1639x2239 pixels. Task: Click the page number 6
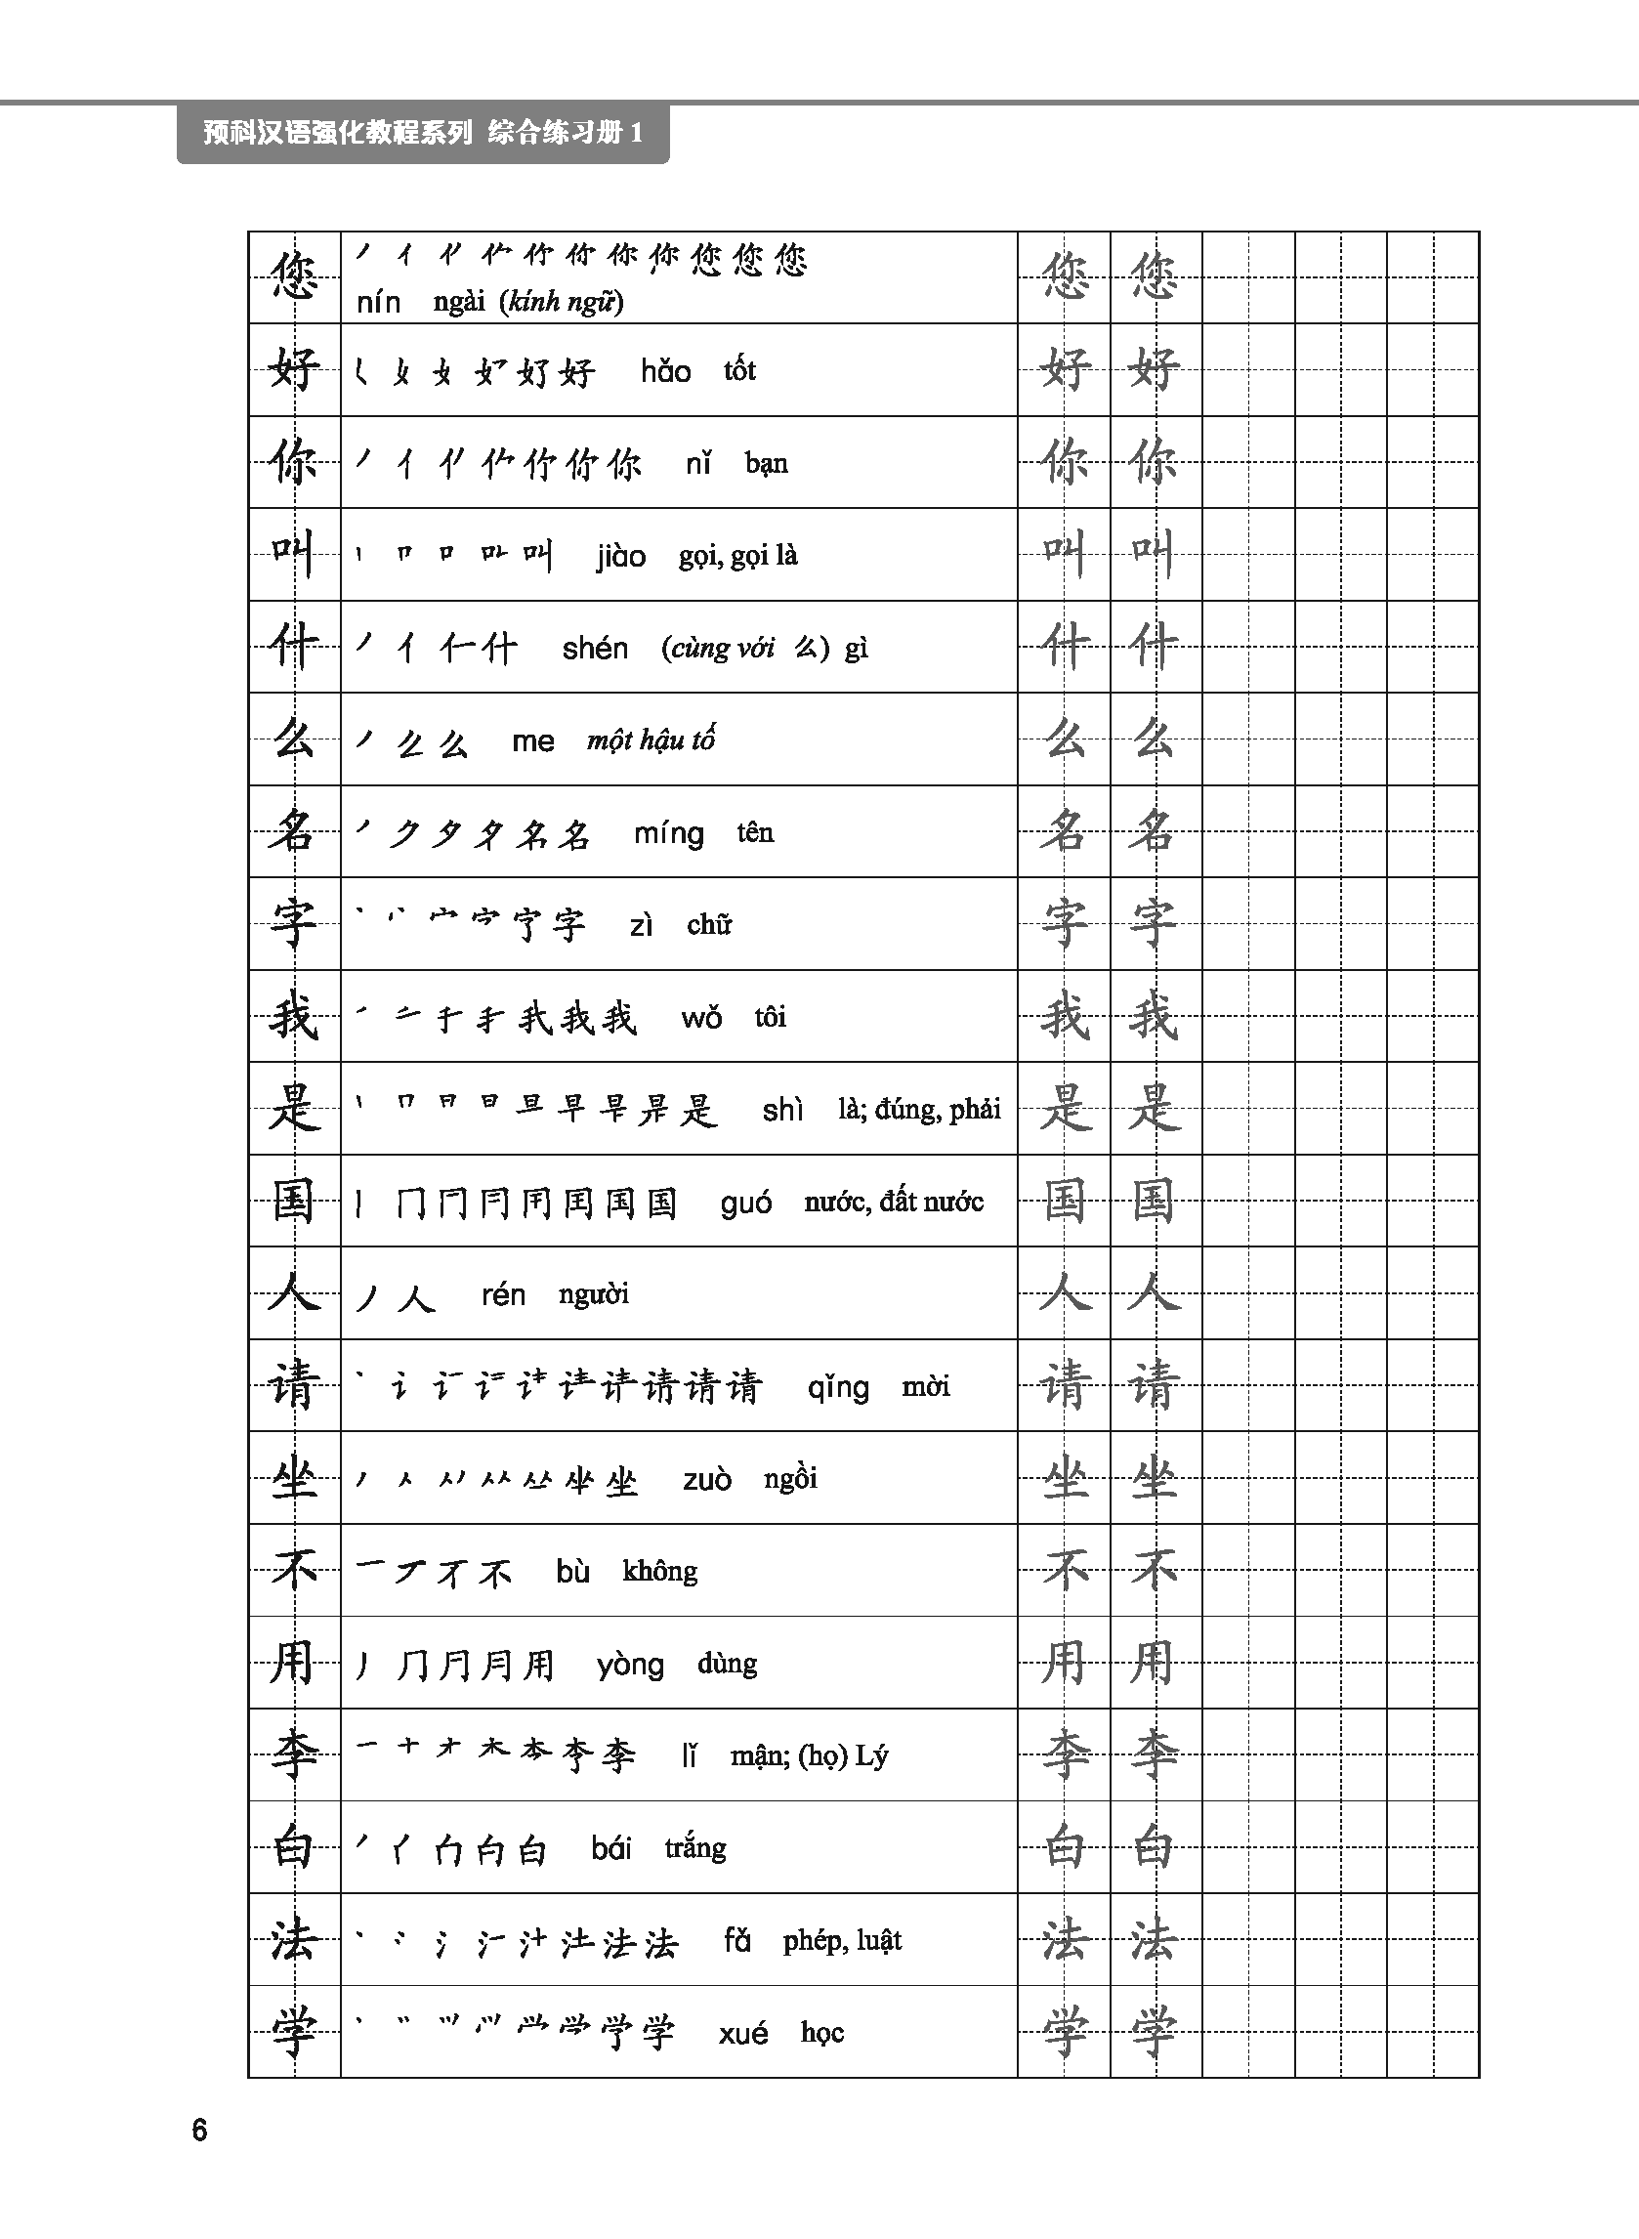[x=199, y=2130]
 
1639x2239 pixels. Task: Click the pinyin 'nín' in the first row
[x=378, y=303]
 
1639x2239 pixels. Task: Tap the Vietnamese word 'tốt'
[x=739, y=371]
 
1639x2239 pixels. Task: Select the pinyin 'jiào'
[x=621, y=557]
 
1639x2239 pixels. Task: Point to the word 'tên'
[x=755, y=833]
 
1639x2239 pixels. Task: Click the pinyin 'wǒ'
[x=701, y=1019]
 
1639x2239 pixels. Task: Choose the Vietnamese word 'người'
[x=593, y=1294]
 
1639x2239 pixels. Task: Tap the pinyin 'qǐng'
[x=837, y=1388]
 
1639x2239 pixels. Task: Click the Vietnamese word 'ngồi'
[x=791, y=1479]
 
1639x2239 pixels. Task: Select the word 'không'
[x=659, y=1572]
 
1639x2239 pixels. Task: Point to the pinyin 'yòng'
[x=630, y=1665]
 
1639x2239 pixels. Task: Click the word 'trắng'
[x=695, y=1848]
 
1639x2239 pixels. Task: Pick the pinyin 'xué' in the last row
[x=743, y=2034]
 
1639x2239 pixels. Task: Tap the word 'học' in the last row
[x=822, y=2033]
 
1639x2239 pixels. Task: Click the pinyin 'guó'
[x=746, y=1204]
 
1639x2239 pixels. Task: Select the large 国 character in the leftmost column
[x=294, y=1201]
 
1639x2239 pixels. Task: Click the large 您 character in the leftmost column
[x=294, y=276]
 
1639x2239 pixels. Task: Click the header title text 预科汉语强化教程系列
[x=337, y=133]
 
